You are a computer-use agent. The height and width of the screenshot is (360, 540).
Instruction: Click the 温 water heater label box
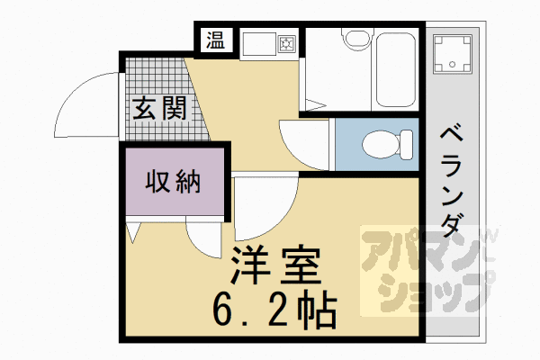(217, 40)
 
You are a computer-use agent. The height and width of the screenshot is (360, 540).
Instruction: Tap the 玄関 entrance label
(161, 109)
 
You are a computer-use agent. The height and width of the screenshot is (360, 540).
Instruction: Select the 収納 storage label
(172, 182)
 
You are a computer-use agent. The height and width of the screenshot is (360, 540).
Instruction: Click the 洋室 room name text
(277, 266)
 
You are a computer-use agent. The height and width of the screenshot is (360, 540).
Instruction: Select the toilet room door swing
(306, 144)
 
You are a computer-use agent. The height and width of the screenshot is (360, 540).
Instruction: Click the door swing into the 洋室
(265, 202)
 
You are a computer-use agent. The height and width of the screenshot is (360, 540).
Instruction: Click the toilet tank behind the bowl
(408, 144)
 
